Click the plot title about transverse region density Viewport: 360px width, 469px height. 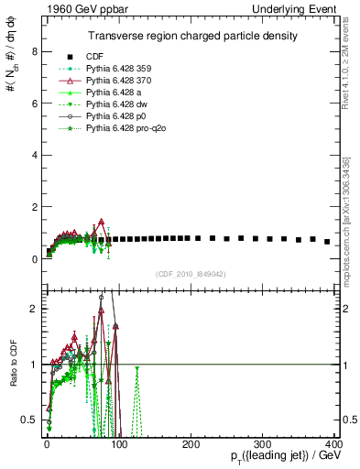point(192,36)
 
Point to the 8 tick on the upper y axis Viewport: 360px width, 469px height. point(34,51)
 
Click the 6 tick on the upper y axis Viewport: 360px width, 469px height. point(34,104)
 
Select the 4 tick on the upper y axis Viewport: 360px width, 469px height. point(34,156)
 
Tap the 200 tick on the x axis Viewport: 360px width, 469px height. point(191,444)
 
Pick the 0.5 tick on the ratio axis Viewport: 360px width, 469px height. point(30,420)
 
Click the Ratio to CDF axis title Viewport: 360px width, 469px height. point(12,362)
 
